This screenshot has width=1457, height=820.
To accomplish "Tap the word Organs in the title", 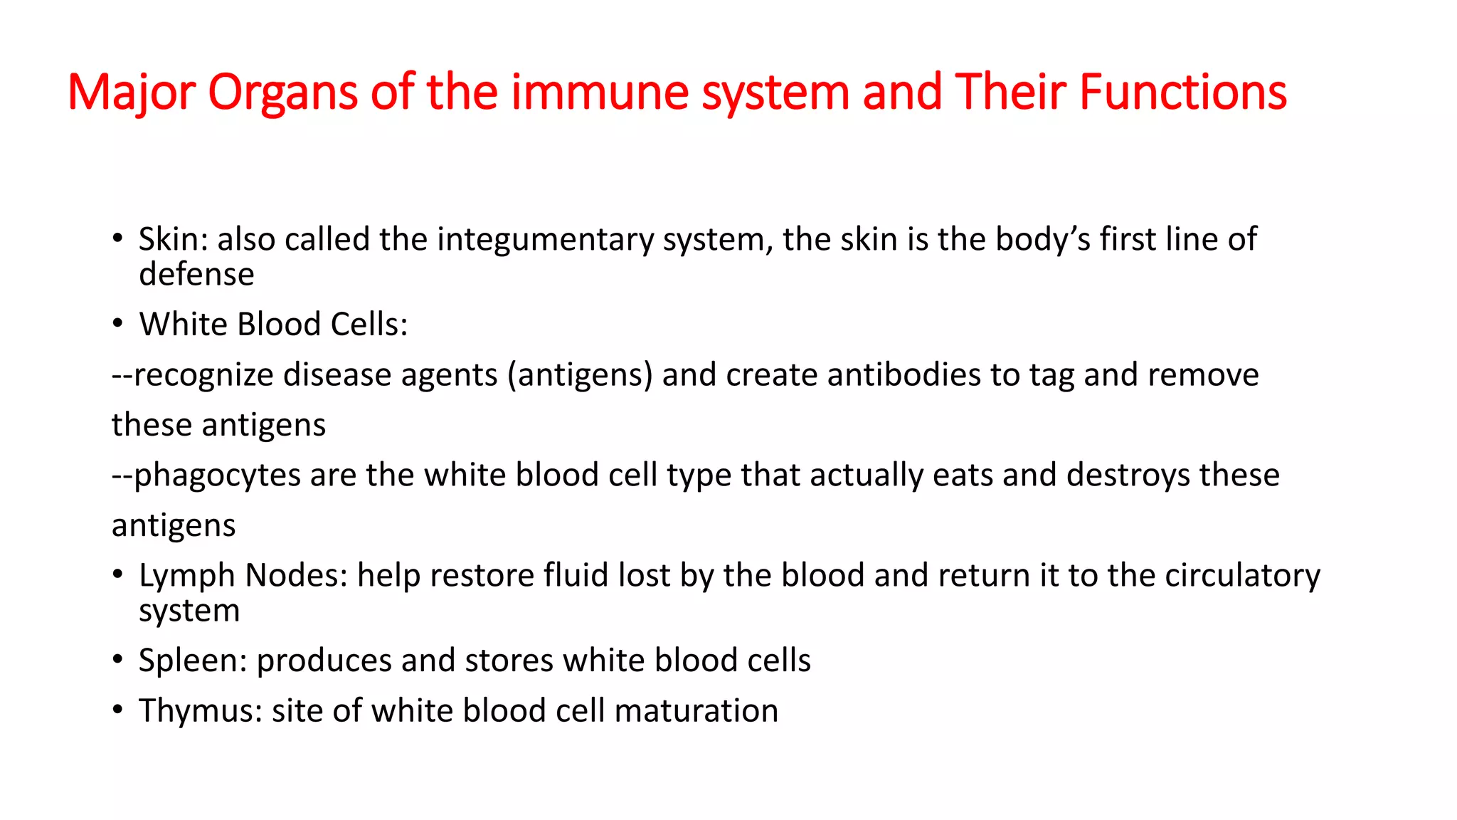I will tap(282, 93).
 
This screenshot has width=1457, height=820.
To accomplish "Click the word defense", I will tap(196, 275).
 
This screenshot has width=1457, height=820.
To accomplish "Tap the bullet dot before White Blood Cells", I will tap(118, 324).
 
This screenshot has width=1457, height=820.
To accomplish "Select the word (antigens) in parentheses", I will tap(579, 375).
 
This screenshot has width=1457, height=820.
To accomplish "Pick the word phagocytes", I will tap(217, 475).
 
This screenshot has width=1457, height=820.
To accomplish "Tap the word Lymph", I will tap(186, 576).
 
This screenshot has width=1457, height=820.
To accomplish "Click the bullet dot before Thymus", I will tap(118, 710).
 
